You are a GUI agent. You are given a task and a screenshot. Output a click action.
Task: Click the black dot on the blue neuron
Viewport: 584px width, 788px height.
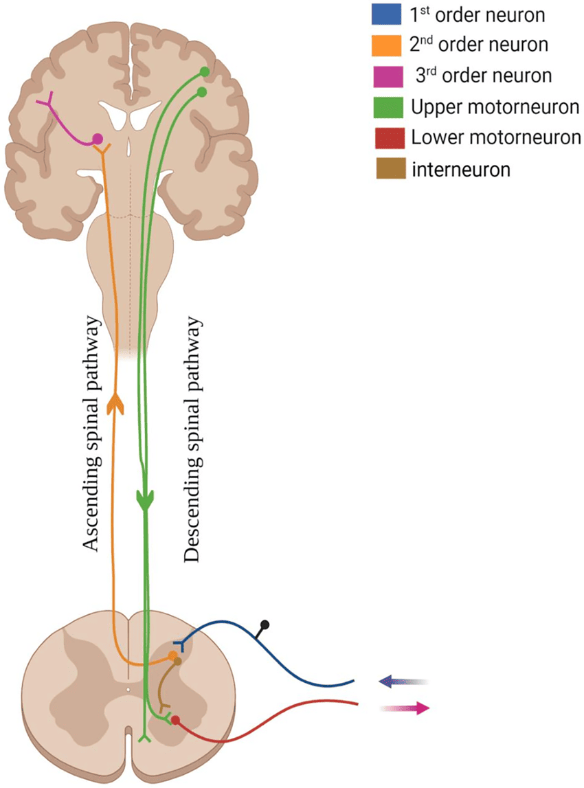click(x=265, y=625)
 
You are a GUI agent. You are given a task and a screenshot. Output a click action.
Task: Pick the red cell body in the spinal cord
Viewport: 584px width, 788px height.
click(x=176, y=720)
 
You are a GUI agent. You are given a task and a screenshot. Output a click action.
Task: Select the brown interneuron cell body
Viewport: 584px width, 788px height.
click(x=178, y=662)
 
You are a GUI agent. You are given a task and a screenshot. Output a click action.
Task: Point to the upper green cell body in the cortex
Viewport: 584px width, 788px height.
click(x=204, y=71)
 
